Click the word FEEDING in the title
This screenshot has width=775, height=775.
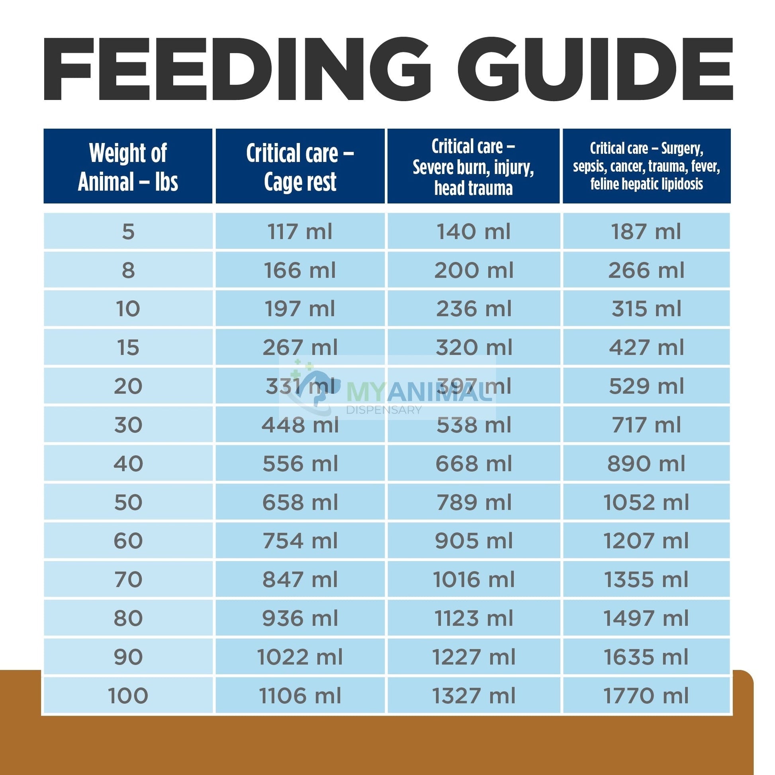click(237, 69)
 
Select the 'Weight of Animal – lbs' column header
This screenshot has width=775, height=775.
click(128, 167)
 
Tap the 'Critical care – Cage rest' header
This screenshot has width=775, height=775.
click(300, 167)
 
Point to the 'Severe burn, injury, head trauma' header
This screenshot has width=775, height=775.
click(474, 167)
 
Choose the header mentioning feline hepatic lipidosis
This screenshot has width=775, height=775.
click(646, 167)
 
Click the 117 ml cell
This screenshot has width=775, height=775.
click(300, 232)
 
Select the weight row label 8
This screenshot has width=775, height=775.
click(128, 270)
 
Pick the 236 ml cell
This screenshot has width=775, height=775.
click(474, 309)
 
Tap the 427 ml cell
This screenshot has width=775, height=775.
click(646, 347)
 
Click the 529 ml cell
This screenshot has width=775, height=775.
click(646, 386)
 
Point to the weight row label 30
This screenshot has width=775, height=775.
click(128, 425)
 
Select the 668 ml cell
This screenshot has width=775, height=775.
click(474, 464)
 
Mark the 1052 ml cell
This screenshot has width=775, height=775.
click(646, 502)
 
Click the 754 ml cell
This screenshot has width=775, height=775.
click(300, 541)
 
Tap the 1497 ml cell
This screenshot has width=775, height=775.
click(646, 618)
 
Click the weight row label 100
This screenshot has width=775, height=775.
click(128, 696)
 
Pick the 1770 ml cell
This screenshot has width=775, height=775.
click(646, 696)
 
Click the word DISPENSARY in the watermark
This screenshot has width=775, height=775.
click(384, 410)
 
